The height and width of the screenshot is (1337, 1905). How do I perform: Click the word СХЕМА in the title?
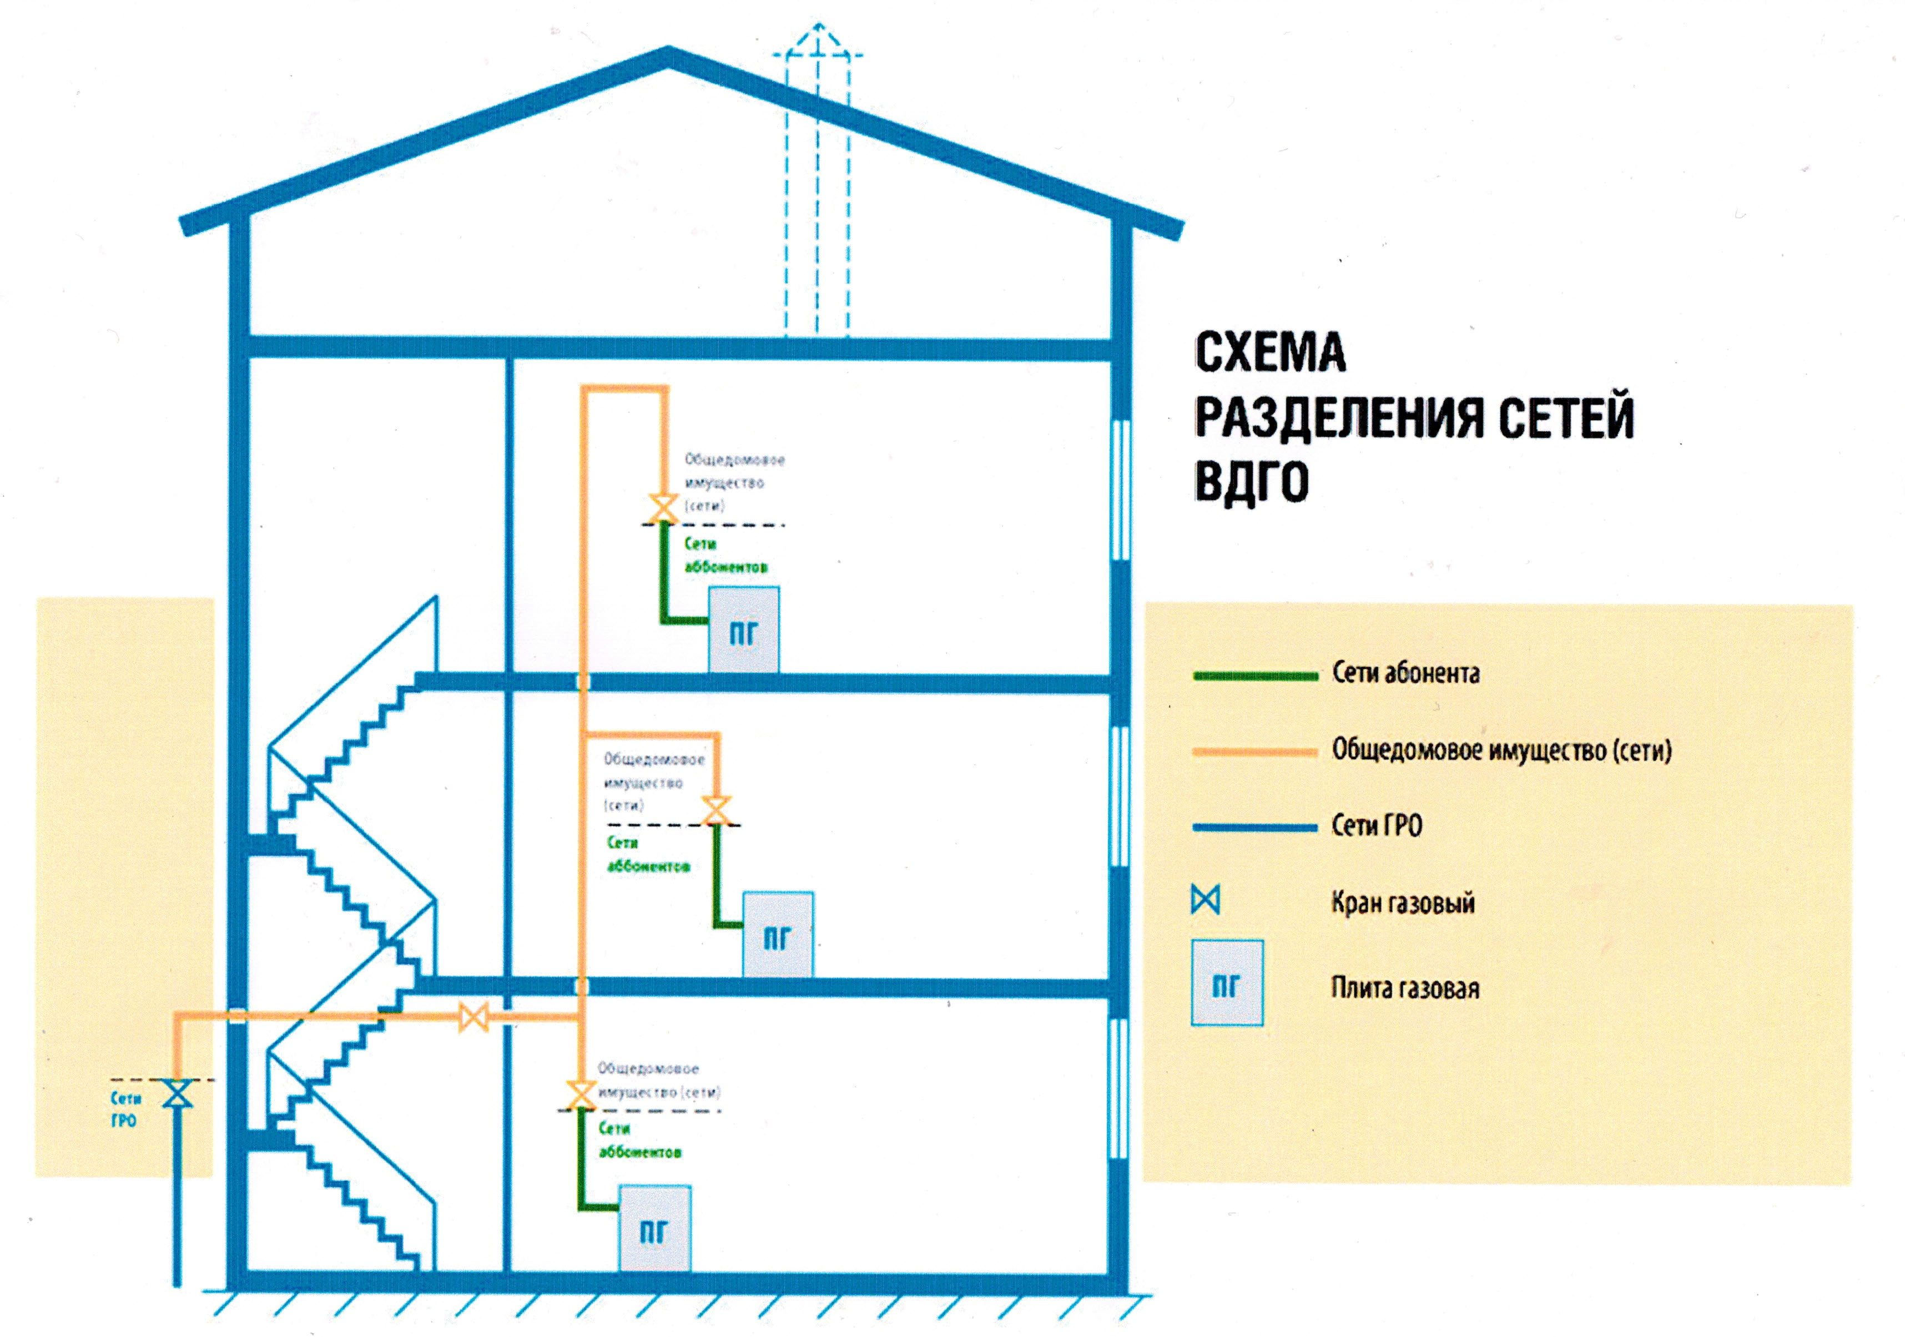(1269, 352)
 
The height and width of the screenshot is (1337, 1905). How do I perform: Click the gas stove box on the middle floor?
(778, 935)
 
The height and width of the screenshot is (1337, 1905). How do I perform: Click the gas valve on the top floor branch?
(663, 508)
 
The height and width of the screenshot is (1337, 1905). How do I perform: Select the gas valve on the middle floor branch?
(716, 810)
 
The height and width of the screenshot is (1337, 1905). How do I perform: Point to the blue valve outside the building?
(177, 1094)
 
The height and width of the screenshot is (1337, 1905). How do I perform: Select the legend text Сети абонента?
(1405, 673)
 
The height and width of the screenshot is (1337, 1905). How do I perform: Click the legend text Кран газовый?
(1403, 902)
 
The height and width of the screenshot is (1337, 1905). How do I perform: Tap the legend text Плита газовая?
(1405, 988)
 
